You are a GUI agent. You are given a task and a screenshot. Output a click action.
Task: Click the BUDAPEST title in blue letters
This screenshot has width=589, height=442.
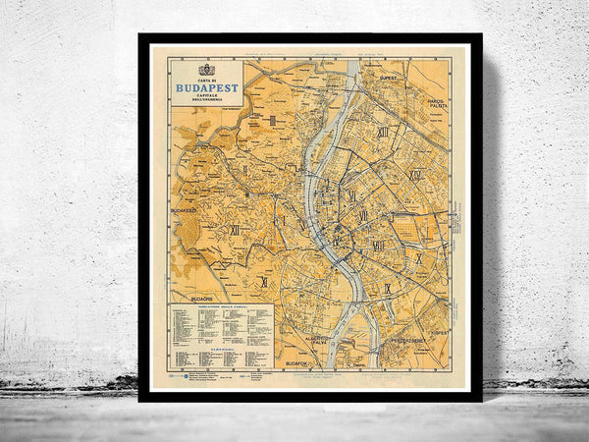coord(206,86)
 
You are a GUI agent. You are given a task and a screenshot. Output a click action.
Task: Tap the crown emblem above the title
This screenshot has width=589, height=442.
coord(206,69)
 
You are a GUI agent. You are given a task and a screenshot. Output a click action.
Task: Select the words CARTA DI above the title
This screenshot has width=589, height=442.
coord(206,78)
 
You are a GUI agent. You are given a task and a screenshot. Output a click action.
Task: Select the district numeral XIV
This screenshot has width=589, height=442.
coord(415,175)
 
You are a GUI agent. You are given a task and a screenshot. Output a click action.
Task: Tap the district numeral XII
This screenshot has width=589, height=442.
coord(235,229)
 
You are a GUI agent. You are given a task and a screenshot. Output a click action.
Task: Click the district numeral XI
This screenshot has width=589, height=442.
coord(263,281)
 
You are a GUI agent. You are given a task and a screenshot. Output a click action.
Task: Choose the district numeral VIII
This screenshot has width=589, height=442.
coord(379,246)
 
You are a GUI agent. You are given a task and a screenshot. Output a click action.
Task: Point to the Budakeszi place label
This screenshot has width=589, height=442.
coord(185,210)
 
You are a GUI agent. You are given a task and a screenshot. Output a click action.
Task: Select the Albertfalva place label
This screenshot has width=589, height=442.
coord(317,340)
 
